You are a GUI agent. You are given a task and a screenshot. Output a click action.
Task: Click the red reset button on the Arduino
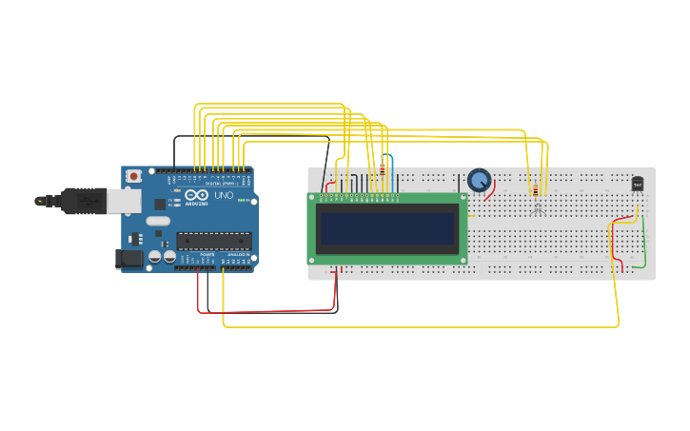click(134, 176)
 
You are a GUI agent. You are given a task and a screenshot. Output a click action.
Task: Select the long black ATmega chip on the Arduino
click(214, 241)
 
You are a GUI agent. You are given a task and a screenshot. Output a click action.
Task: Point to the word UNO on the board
click(224, 195)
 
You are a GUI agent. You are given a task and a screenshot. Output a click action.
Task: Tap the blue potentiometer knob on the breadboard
click(479, 180)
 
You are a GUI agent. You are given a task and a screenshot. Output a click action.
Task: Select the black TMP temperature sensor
click(638, 184)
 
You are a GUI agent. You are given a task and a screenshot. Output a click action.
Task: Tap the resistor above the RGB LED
click(534, 190)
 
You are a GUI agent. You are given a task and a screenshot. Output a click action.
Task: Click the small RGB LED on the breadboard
click(538, 206)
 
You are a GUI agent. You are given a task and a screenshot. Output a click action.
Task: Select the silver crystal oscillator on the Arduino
click(158, 221)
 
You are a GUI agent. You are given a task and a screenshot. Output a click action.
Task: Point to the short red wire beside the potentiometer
click(491, 190)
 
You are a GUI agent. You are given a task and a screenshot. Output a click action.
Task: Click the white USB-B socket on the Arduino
click(122, 200)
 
